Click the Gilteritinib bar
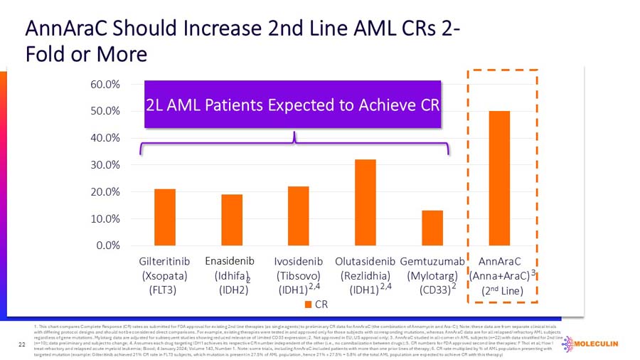click(164, 217)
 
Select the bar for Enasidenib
click(232, 220)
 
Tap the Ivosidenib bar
click(299, 216)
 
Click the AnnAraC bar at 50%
click(499, 178)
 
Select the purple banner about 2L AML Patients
click(293, 105)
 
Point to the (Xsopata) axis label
click(164, 275)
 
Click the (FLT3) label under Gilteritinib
click(164, 290)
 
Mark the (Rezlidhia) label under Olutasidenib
click(366, 275)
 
